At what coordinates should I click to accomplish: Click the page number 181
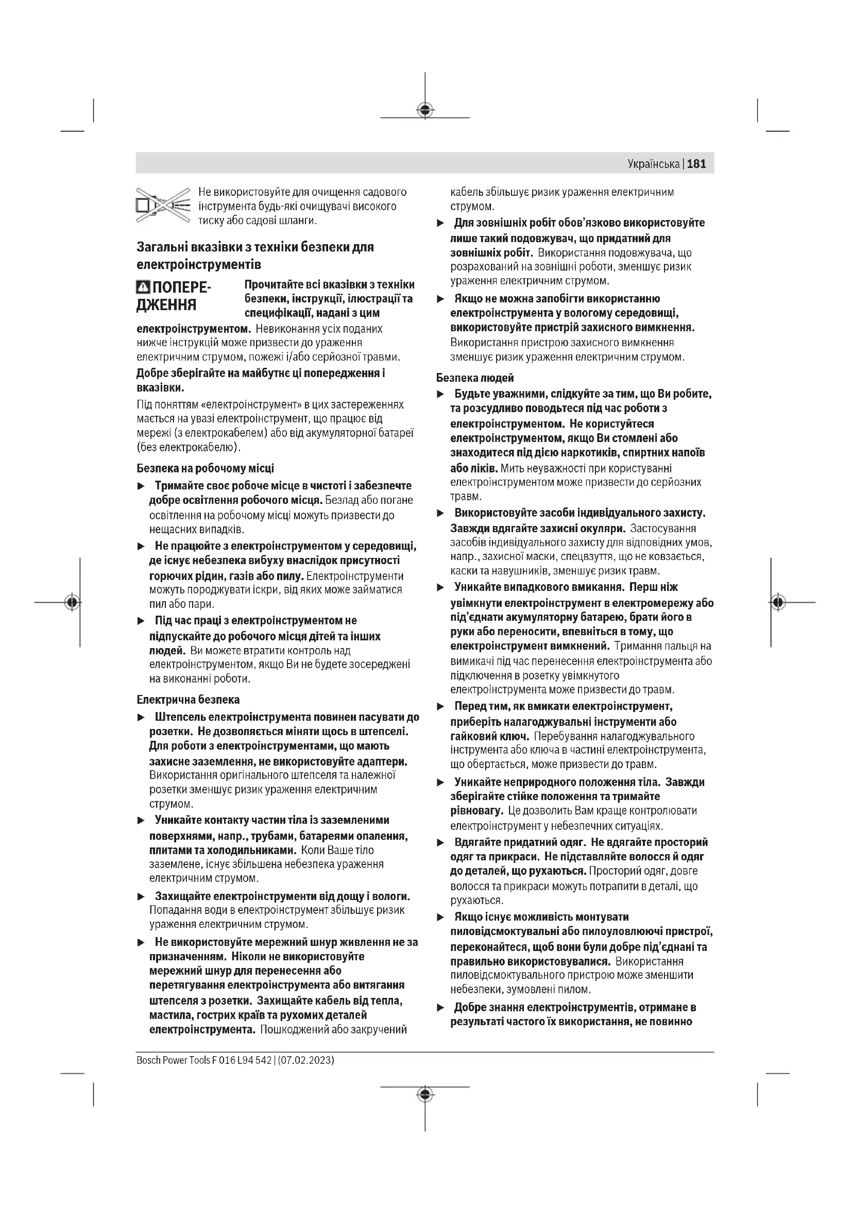696,164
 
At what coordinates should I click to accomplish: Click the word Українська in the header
653,164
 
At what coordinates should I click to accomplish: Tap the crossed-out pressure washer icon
163,206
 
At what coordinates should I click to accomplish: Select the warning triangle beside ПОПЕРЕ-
143,287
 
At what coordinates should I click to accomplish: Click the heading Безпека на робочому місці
205,468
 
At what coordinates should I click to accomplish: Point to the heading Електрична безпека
188,700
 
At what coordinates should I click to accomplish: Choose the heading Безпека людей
475,378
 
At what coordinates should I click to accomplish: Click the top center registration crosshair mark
425,110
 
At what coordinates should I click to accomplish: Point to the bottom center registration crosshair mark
425,1093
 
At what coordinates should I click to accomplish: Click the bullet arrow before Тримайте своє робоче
141,486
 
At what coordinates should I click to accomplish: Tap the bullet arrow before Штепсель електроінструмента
141,718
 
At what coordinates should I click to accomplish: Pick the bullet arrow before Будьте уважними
441,394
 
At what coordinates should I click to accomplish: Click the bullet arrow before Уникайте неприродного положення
441,783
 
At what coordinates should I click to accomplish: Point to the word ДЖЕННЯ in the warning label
166,304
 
